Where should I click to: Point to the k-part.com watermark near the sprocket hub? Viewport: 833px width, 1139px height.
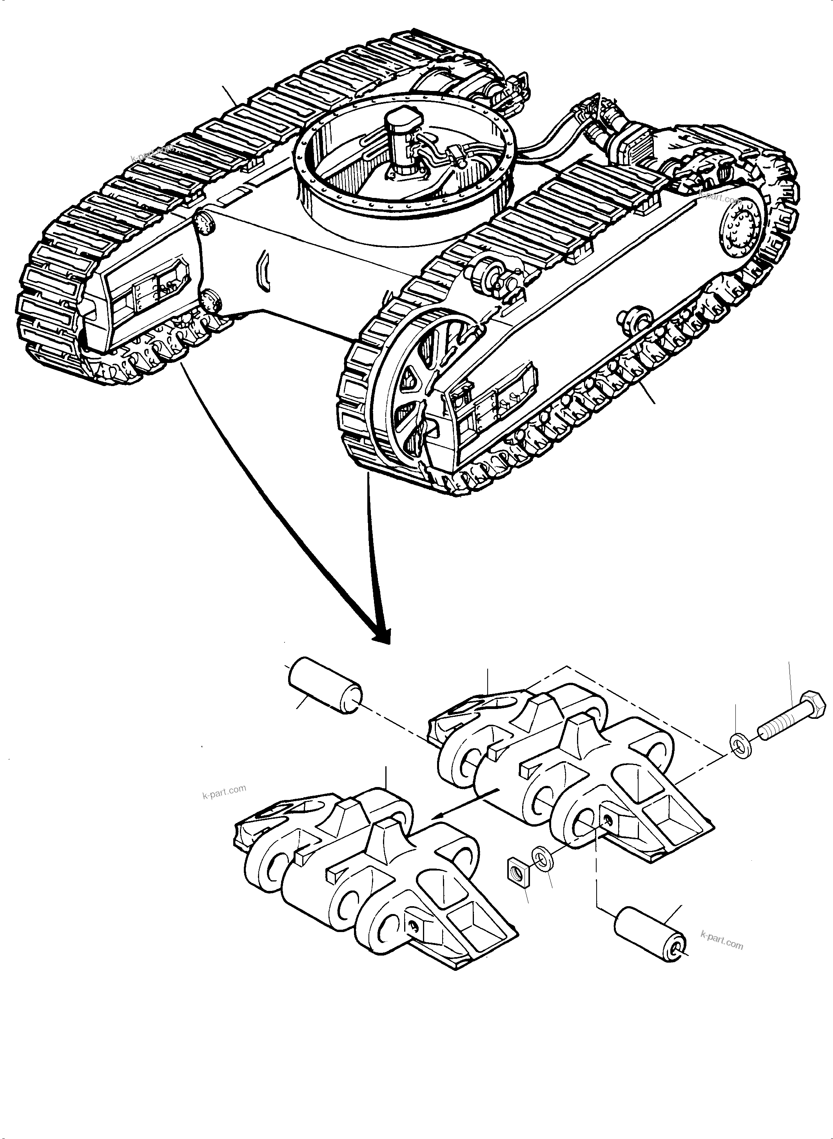point(720,195)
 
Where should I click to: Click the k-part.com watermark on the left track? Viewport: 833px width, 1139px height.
point(151,153)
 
